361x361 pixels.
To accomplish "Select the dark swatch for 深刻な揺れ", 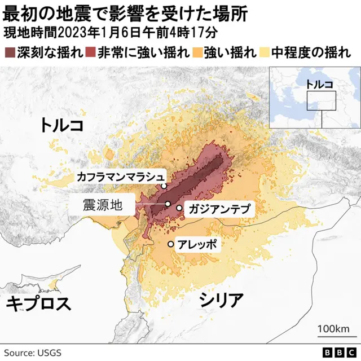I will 9,52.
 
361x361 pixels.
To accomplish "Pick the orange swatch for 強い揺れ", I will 196,52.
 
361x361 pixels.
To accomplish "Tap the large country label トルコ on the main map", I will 62,125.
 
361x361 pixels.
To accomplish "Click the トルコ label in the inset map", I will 319,84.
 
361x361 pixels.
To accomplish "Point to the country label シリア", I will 222,300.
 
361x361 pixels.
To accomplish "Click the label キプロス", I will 38,304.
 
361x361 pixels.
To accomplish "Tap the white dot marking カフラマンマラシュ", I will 164,186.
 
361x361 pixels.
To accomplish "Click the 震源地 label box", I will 102,204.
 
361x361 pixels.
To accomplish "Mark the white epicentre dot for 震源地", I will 168,204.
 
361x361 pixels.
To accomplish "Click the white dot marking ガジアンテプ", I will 179,208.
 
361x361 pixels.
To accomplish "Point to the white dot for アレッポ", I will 170,244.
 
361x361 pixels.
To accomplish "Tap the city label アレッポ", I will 196,245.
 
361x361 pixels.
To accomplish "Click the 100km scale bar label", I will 333,328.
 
